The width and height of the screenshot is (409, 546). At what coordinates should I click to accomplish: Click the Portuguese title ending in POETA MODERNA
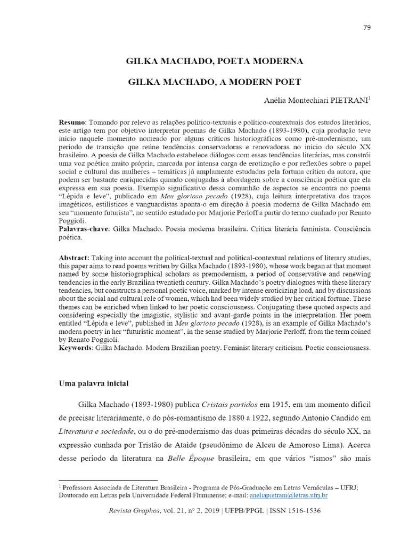(x=215, y=61)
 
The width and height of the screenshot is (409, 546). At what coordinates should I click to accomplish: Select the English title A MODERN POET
(x=215, y=82)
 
